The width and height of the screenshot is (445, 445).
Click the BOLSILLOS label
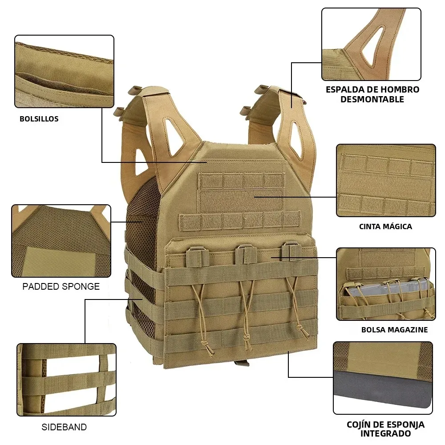39,119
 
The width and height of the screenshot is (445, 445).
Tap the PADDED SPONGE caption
61,287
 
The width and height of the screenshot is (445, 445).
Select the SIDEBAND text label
64,427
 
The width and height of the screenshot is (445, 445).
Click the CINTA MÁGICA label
385,227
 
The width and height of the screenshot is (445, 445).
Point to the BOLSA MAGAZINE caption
394,330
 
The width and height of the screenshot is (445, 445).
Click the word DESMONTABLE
372,99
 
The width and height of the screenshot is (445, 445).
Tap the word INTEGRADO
385,433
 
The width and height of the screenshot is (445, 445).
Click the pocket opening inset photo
64,72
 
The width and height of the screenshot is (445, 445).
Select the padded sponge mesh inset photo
61,241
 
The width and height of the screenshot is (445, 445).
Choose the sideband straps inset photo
66,380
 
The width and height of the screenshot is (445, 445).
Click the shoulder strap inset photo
371,44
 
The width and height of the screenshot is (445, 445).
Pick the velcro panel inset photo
386,180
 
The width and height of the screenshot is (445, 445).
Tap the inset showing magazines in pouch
386,284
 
